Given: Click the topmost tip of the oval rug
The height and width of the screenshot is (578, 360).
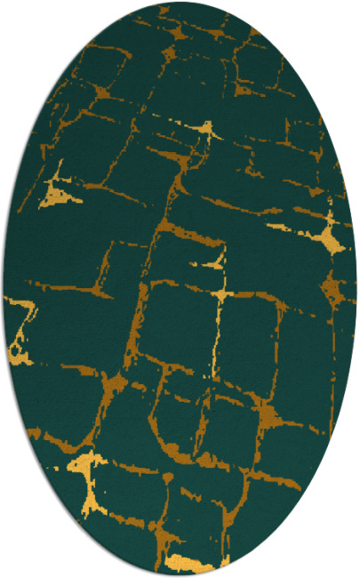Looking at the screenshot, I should point(180,2).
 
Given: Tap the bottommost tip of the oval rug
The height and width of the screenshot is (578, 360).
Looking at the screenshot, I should point(180,575).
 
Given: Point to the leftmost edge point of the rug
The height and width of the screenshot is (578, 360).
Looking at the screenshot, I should point(3,289).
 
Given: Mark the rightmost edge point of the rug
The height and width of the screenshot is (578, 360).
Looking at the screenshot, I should point(357,289).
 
